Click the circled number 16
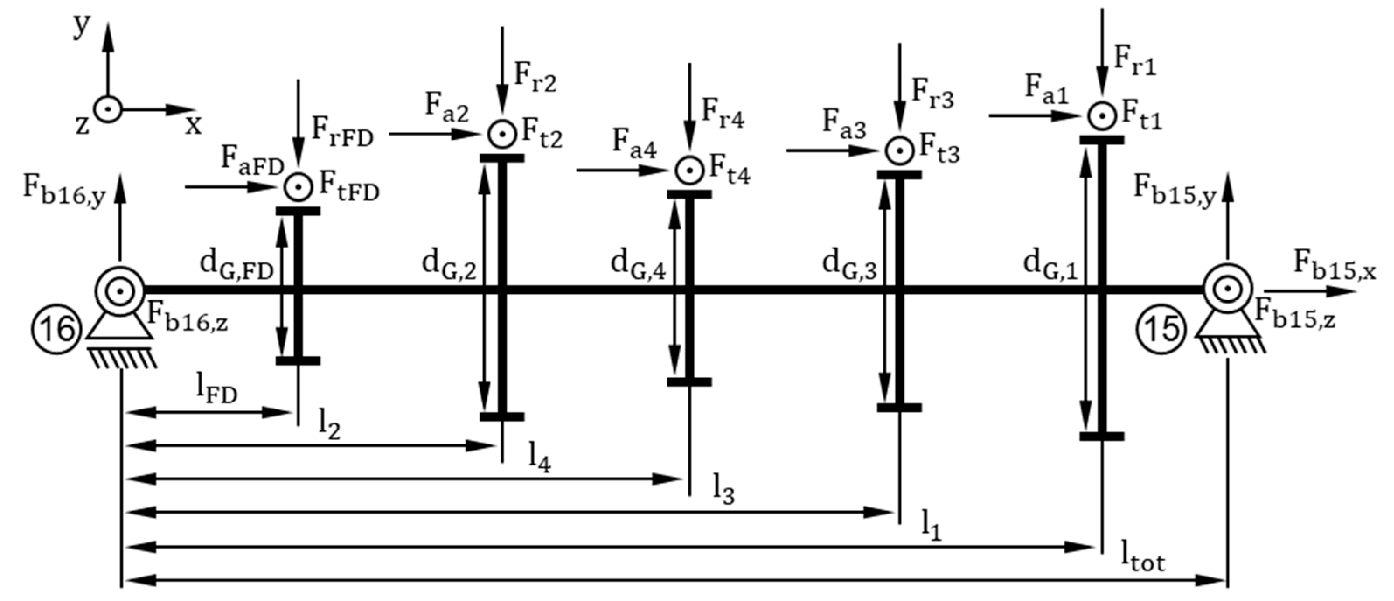[x=57, y=330]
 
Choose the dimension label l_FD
[x=217, y=389]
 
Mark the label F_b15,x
[x=1334, y=266]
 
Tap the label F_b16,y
[x=64, y=191]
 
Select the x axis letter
[x=193, y=126]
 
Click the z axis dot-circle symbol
[x=108, y=109]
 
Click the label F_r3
[x=932, y=94]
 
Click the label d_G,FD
[x=236, y=266]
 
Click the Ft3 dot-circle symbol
[x=899, y=150]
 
